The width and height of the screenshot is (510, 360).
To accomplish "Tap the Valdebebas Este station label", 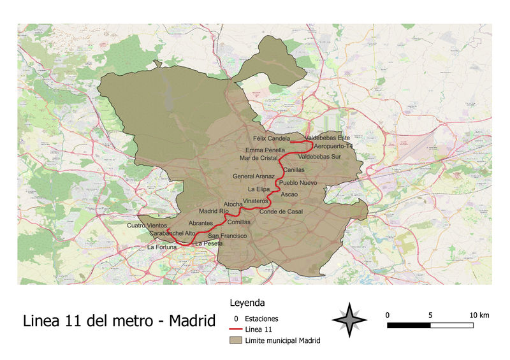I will tap(328, 138).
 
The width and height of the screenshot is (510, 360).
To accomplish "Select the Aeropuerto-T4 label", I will tap(333, 147).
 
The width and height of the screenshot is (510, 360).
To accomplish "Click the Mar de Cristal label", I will tap(259, 157).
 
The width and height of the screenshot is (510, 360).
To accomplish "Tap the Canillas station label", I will tap(294, 170).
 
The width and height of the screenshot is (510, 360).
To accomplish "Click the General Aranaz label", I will tap(254, 176).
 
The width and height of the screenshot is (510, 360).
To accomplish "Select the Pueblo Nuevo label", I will tap(298, 183).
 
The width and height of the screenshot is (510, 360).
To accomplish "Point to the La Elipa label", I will tap(259, 189).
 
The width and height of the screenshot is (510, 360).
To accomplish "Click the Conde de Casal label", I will tap(280, 212).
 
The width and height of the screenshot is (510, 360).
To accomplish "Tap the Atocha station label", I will tap(233, 204).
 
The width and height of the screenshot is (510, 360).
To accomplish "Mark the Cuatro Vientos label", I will tap(147, 226).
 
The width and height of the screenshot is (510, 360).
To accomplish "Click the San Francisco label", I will tap(228, 236).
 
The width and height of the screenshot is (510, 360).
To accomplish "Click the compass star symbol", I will tap(350, 319).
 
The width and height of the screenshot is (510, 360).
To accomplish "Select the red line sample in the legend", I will tap(235, 329).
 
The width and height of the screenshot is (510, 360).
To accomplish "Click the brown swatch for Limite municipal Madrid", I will tap(235, 341).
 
